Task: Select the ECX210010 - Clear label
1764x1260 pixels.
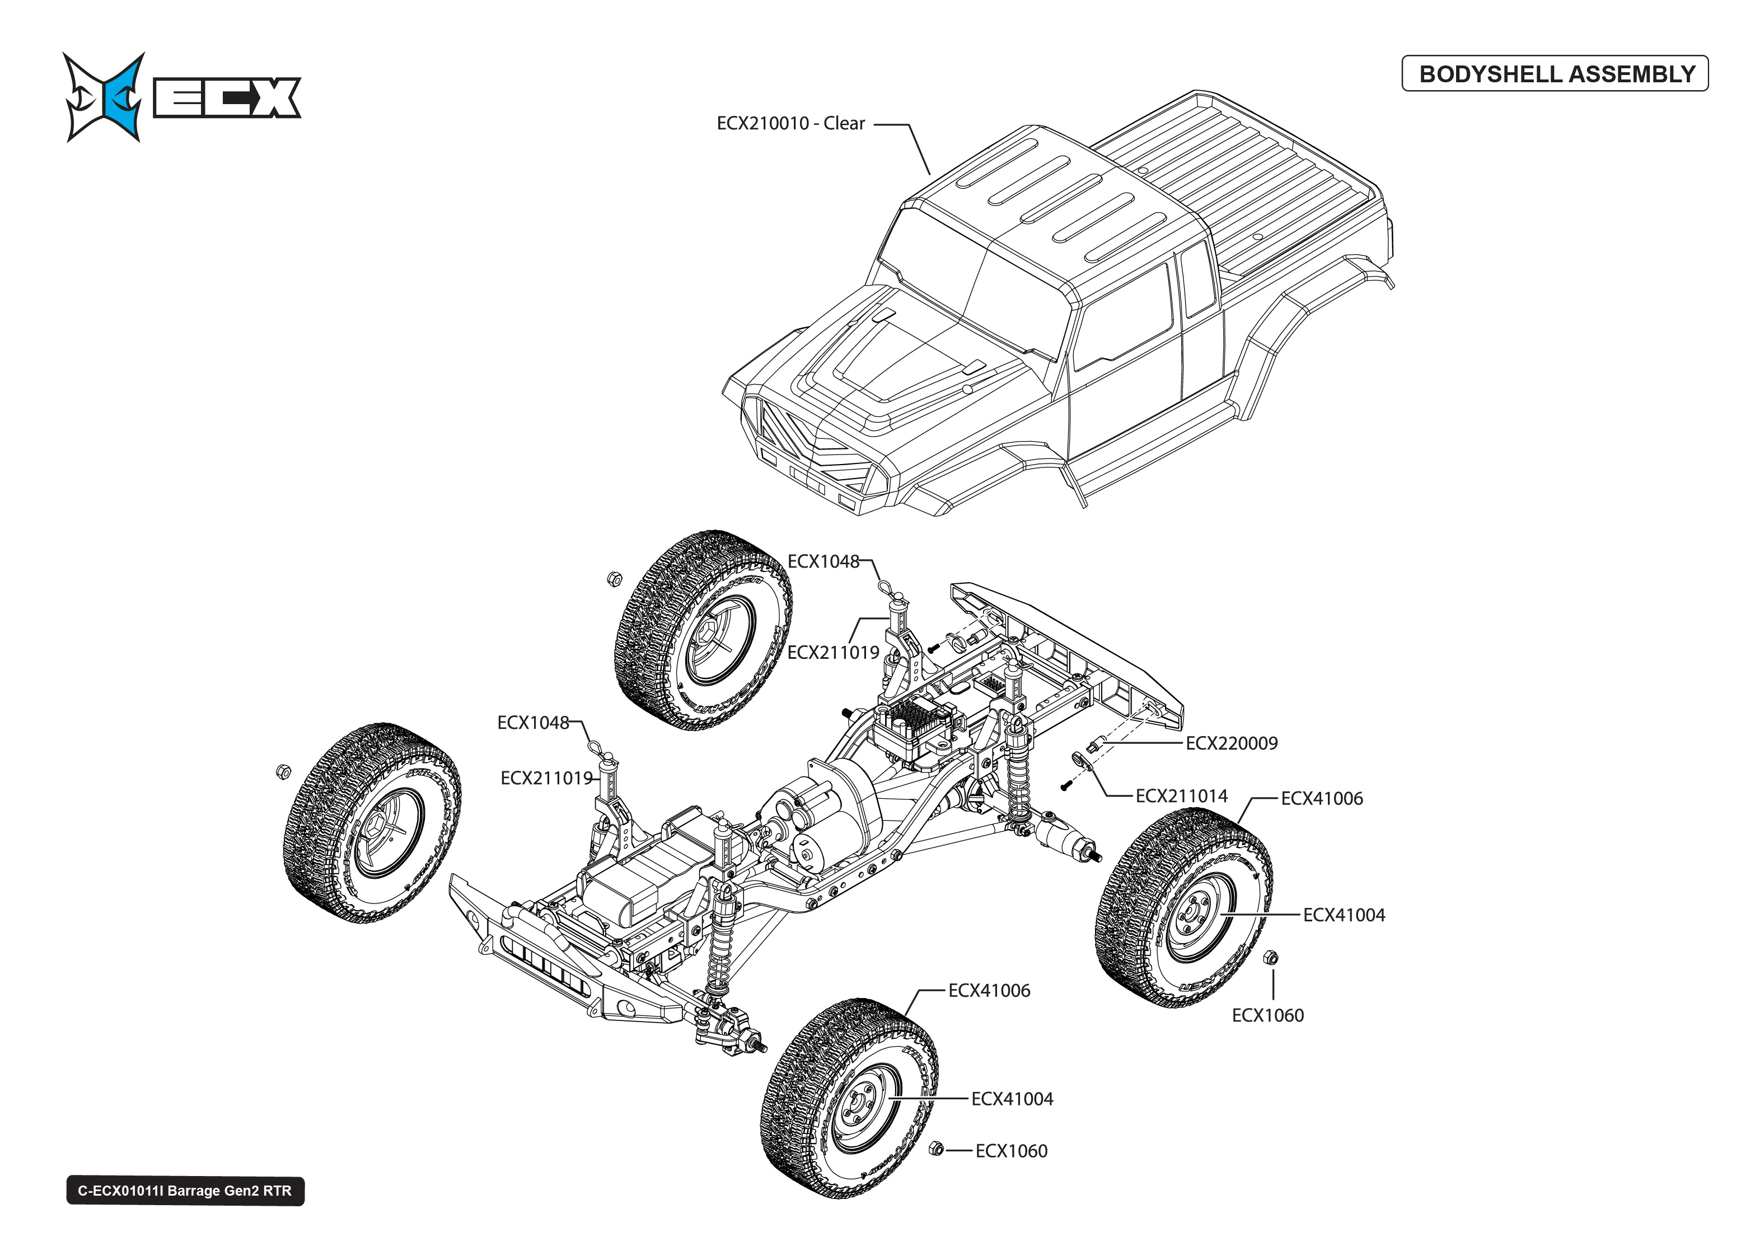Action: (x=790, y=123)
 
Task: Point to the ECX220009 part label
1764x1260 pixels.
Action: (x=1231, y=743)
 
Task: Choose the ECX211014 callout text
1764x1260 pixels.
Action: (x=1181, y=796)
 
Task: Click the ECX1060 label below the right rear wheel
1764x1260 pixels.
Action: (x=1267, y=1015)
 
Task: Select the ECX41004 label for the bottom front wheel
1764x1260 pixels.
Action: (x=1012, y=1099)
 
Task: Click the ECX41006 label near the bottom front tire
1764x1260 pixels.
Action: (x=989, y=991)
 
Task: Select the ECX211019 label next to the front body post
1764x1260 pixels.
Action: (x=546, y=778)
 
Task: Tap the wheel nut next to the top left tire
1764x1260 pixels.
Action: (x=614, y=579)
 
